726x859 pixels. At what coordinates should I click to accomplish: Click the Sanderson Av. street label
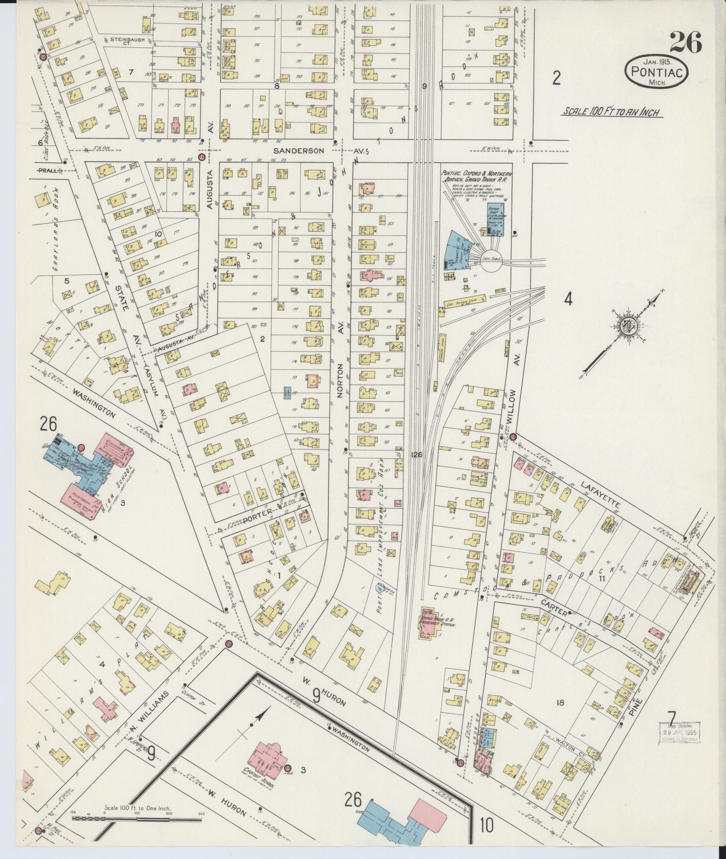pyautogui.click(x=300, y=151)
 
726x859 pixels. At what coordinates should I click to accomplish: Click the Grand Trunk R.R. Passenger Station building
pyautogui.click(x=429, y=629)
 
